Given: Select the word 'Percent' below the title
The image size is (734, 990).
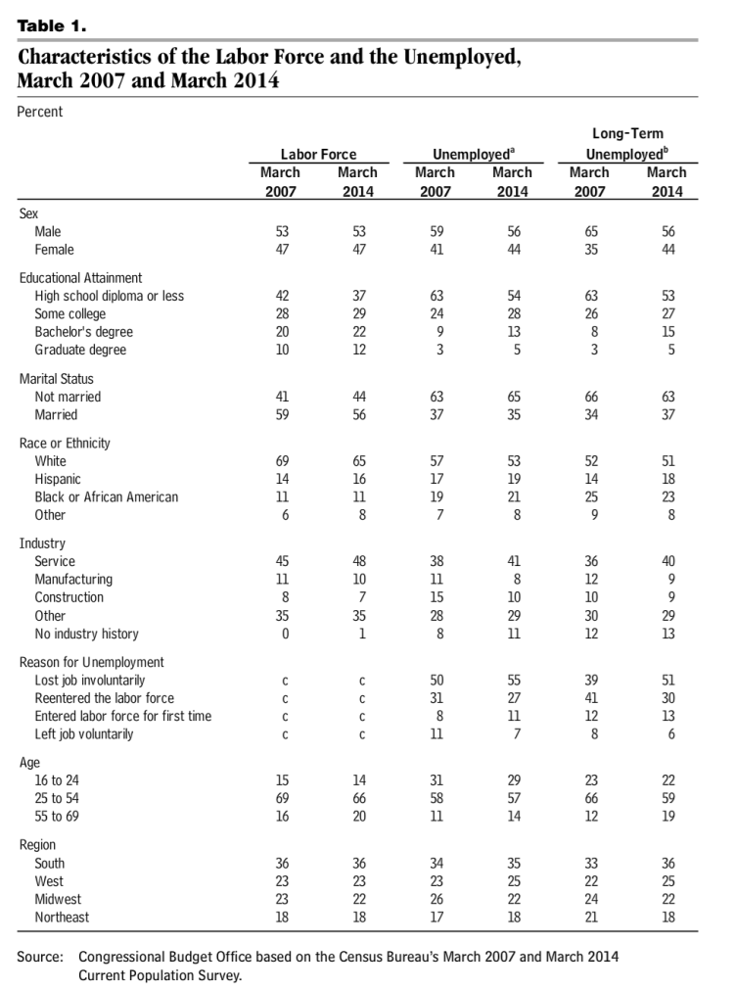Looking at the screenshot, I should coord(40,112).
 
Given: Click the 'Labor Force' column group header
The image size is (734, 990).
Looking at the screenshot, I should coord(318,154).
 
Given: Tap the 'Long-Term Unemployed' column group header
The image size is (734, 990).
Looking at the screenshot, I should coord(627,143).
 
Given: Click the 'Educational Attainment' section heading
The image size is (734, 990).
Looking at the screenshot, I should coord(80,277).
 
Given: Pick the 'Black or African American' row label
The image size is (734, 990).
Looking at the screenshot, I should coord(107,496).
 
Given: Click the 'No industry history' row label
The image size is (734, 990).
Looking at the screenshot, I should coord(86,634).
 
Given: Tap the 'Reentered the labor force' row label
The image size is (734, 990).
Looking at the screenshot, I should coord(105,698).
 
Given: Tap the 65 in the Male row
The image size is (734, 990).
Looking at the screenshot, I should coord(589,231).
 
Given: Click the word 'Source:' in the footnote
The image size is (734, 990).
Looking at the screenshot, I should coord(40,956).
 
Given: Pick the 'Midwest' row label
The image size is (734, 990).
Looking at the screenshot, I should coord(58,899).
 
